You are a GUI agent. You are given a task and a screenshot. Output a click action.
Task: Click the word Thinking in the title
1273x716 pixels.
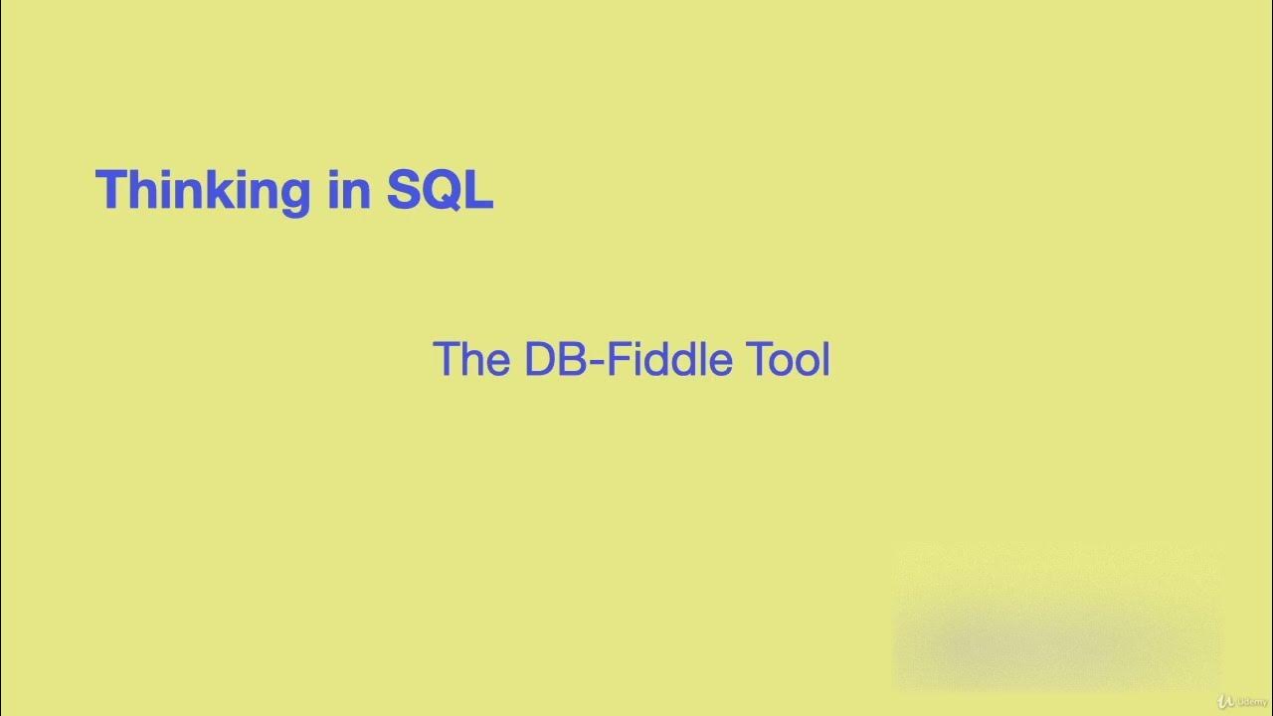point(203,189)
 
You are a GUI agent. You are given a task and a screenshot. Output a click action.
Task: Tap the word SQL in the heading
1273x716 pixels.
point(440,189)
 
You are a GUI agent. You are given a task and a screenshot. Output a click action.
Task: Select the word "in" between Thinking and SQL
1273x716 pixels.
point(348,189)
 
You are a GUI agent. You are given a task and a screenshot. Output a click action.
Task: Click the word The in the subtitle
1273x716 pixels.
point(471,359)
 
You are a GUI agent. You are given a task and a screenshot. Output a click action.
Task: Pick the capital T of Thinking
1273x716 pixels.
point(110,189)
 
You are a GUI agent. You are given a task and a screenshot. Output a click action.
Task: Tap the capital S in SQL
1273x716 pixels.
point(404,189)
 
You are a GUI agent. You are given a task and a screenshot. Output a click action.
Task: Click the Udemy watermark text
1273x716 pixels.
point(1249,701)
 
